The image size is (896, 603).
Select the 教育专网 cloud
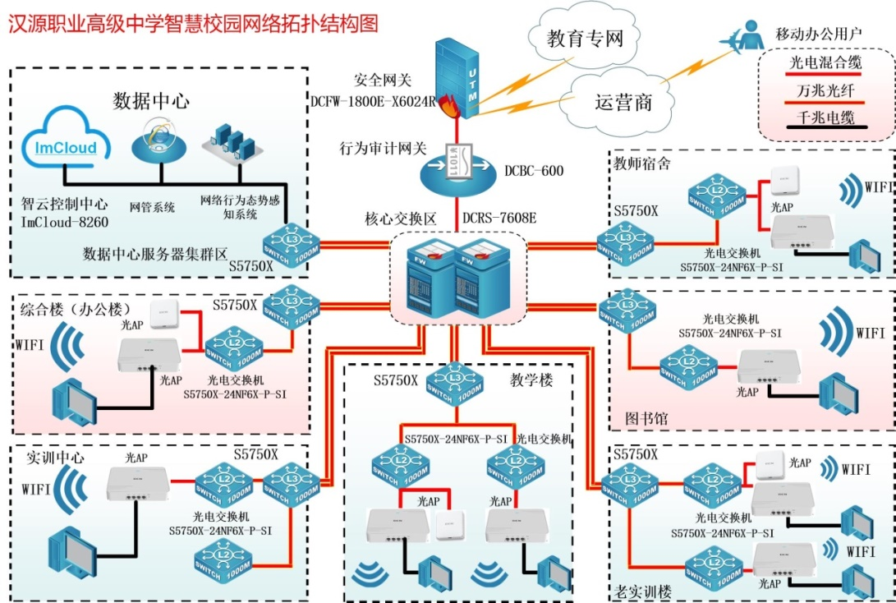point(585,39)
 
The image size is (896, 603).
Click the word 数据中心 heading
point(151,101)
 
